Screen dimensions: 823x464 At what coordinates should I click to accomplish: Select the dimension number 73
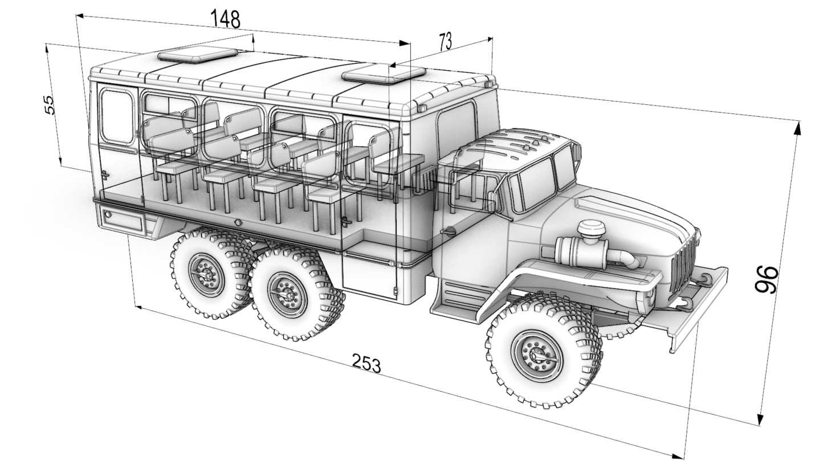pyautogui.click(x=445, y=42)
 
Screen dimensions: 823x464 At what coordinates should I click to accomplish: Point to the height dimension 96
pyautogui.click(x=767, y=279)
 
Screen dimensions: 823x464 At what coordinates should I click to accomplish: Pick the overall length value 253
pyautogui.click(x=366, y=363)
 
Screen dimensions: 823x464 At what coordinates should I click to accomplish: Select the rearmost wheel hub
pyautogui.click(x=206, y=274)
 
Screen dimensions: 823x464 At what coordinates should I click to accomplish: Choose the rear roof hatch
pyautogui.click(x=198, y=55)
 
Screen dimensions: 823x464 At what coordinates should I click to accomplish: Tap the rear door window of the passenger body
pyautogui.click(x=117, y=117)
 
